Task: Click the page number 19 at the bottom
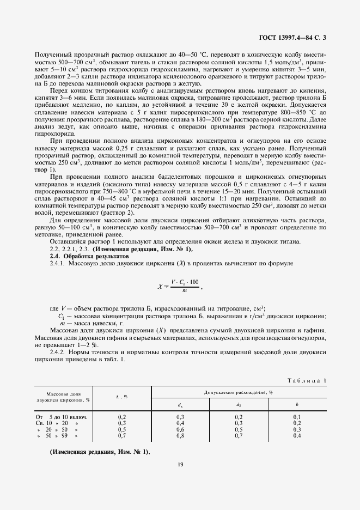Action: [x=180, y=464]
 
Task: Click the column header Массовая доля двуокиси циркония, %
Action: [x=63, y=396]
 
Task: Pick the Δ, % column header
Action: [x=122, y=396]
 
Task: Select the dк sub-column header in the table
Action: [x=180, y=404]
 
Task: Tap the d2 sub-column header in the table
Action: [x=239, y=404]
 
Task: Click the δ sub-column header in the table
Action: [x=297, y=404]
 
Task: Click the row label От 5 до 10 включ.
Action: [x=62, y=417]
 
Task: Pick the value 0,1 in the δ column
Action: [x=297, y=417]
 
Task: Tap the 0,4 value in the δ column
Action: [x=297, y=435]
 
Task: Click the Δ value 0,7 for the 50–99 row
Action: [x=122, y=435]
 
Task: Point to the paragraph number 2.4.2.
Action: [x=58, y=352]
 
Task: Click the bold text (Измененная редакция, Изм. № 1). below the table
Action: [x=100, y=453]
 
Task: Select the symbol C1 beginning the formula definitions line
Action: [x=62, y=316]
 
